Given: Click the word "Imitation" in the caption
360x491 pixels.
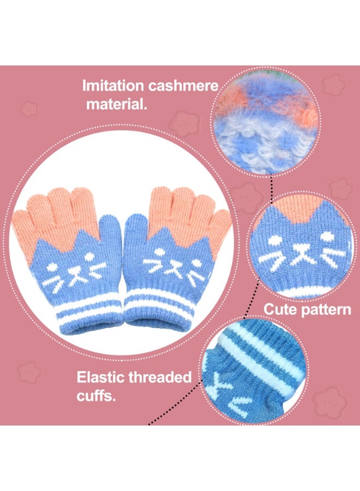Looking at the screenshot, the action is pos(113,86).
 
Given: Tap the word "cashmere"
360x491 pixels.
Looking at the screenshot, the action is pos(183,86).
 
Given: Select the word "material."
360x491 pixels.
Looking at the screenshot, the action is pos(117,104).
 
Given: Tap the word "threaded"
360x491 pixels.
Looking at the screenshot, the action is pos(160,378).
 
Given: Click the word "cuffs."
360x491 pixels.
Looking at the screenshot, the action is pos(96,396).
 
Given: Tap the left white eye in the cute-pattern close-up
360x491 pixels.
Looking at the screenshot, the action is pos(274,241).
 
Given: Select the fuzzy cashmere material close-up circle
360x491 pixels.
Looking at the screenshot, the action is pos(266,122).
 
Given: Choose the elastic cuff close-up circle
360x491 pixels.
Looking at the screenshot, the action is pos(254,371).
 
